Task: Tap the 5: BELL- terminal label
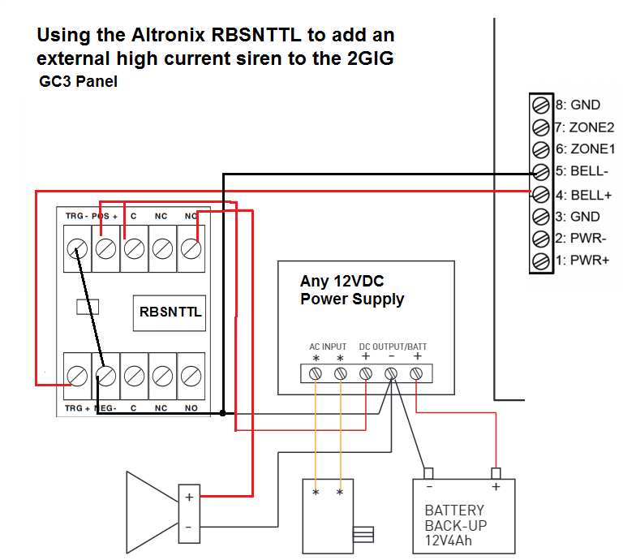578,172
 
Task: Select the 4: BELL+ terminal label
578,195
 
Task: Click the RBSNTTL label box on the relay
170,311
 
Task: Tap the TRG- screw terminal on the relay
77,248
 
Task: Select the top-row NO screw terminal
191,248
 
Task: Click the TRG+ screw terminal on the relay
77,376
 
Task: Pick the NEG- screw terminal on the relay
105,376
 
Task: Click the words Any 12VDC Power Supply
352,291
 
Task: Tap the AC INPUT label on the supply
328,347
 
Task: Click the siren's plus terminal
188,496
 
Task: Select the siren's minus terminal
188,528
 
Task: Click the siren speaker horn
150,511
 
